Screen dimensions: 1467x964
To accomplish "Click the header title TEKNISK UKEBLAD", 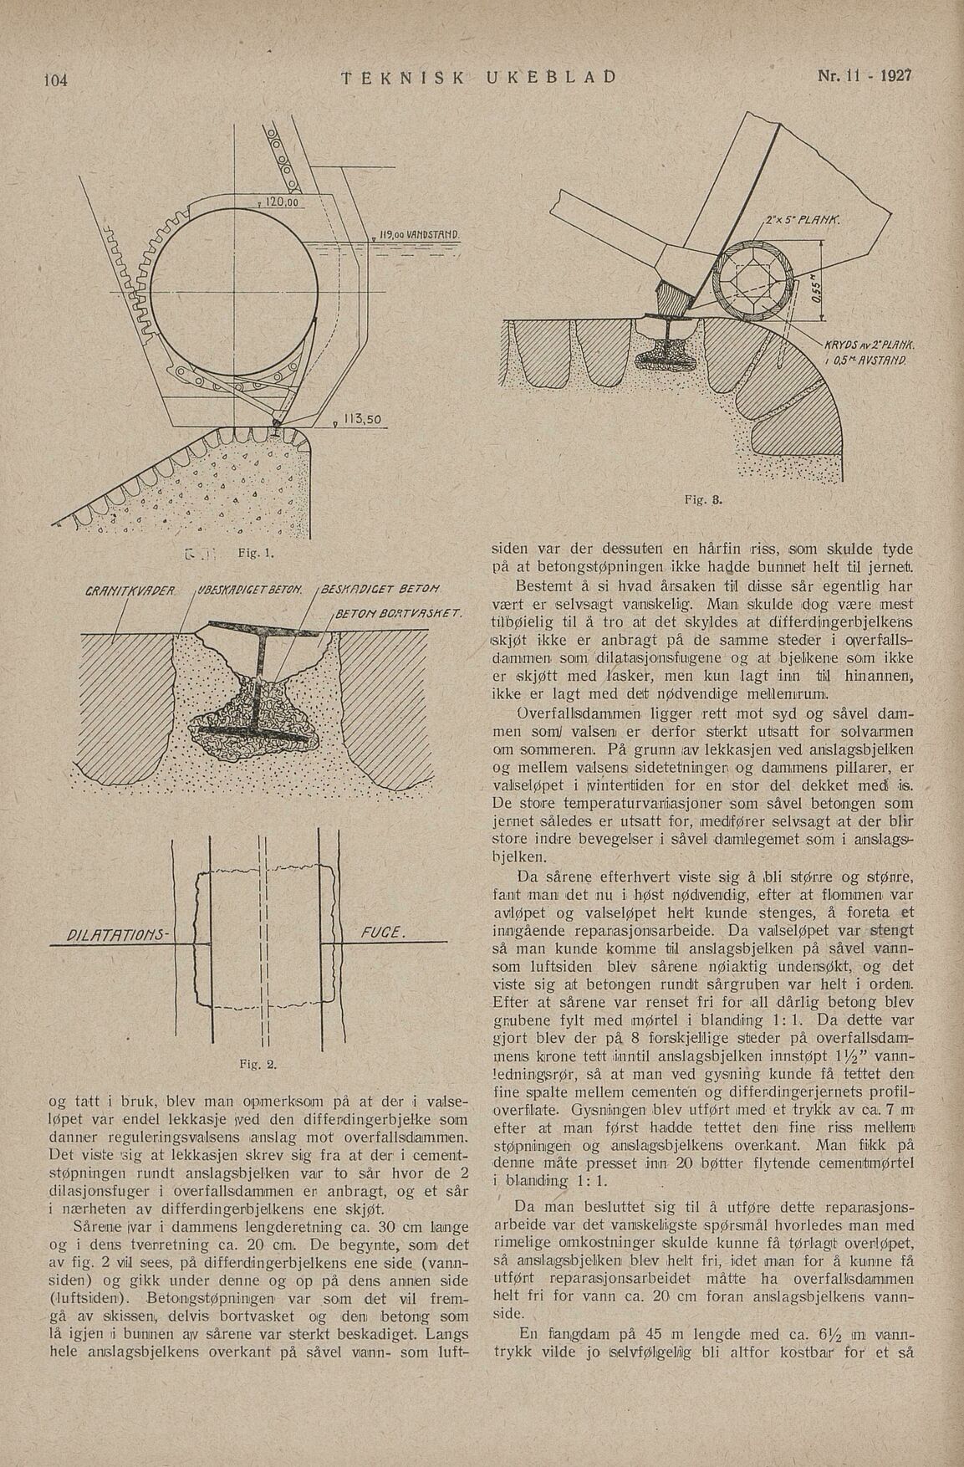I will [479, 77].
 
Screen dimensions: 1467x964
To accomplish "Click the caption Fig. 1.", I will [250, 553].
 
